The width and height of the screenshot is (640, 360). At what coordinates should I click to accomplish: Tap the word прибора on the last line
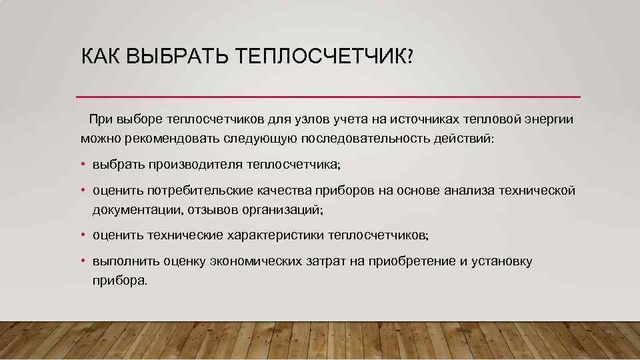(117, 280)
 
